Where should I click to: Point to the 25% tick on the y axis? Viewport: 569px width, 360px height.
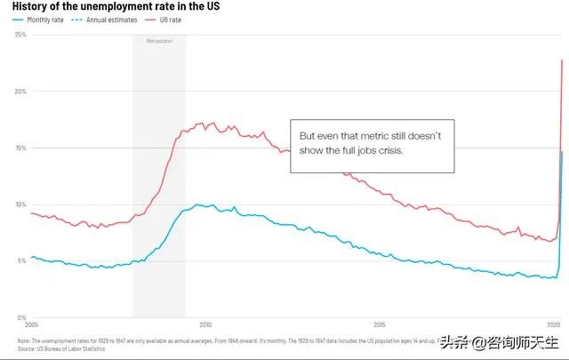pos(20,34)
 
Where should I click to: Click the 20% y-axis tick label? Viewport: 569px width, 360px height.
pos(20,91)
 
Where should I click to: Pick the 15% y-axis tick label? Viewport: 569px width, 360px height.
pos(20,148)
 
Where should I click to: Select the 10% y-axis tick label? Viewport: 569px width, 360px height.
pos(20,204)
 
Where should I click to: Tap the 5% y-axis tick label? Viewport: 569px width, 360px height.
pos(22,260)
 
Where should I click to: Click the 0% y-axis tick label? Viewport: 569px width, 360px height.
pos(22,317)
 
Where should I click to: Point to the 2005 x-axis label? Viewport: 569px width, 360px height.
pos(33,325)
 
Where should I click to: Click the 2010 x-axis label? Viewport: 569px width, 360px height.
pos(206,325)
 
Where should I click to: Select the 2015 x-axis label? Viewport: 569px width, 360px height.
pos(380,325)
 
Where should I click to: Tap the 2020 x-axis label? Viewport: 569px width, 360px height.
pos(553,325)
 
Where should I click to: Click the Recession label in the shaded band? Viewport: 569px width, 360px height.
pos(159,41)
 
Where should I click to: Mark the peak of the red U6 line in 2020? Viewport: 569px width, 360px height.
pos(562,60)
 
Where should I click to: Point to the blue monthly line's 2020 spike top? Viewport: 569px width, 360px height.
pos(562,152)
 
